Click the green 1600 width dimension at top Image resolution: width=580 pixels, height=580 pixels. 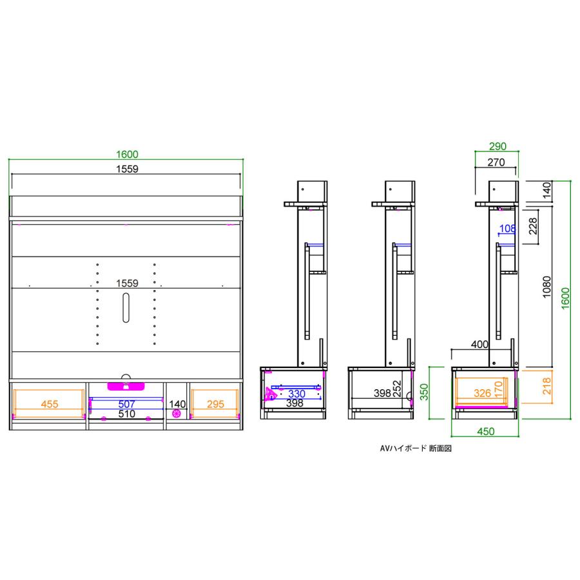click(127, 154)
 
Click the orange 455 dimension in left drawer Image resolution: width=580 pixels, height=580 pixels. click(49, 404)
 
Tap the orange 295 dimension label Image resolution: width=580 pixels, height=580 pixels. click(215, 404)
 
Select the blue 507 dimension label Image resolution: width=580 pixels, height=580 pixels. click(126, 404)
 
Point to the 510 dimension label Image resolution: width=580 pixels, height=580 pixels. click(126, 414)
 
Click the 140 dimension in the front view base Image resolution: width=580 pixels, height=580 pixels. click(177, 404)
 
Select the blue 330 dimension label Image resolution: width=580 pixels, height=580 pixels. click(297, 393)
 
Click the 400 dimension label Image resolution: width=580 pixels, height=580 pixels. click(479, 345)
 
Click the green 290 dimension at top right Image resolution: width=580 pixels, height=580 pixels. click(497, 146)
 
